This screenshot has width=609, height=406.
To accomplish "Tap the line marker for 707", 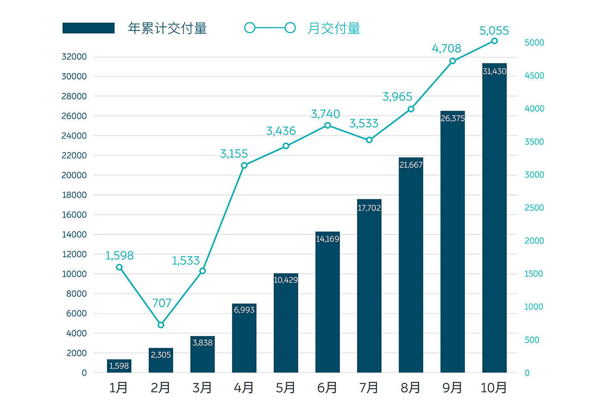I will coord(161,325).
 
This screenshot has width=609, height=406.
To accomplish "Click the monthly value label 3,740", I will coord(325,114).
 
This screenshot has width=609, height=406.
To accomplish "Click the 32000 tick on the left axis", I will coord(74,57).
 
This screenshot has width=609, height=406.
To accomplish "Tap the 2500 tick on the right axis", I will coord(534,208).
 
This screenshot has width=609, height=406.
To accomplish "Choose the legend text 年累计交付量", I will coord(167,28).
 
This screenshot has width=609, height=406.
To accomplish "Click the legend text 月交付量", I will coord(334,28).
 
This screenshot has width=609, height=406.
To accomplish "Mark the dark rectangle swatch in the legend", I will coord(88,28).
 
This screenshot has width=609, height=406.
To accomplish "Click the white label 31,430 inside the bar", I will coord(494,72).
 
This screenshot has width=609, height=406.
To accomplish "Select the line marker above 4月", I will coord(244,165).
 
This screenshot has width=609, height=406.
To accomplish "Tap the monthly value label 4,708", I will coord(447,49).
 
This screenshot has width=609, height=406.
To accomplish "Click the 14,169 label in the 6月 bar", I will coord(327,239).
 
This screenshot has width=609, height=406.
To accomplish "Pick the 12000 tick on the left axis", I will coord(74,254).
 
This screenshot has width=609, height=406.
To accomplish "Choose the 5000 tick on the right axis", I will coord(534,43).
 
